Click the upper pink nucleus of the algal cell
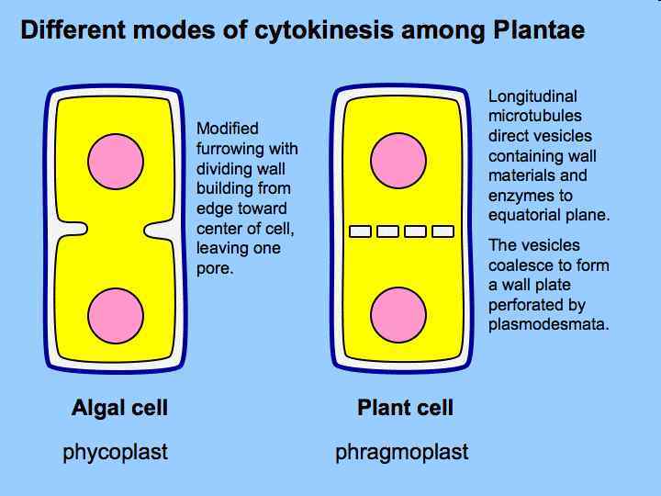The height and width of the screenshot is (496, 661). (116, 161)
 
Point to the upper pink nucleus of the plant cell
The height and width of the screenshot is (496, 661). (398, 161)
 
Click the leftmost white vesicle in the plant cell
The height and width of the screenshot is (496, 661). (361, 231)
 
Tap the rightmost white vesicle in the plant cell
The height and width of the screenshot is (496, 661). (442, 231)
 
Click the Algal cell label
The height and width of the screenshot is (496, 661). (119, 408)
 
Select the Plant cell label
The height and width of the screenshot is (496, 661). (405, 408)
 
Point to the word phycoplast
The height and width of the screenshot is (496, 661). (115, 452)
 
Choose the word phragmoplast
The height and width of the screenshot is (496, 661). (401, 452)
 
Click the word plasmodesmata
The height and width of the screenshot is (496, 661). (548, 324)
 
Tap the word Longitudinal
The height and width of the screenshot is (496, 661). (532, 96)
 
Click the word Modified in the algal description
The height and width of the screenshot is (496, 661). (228, 129)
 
